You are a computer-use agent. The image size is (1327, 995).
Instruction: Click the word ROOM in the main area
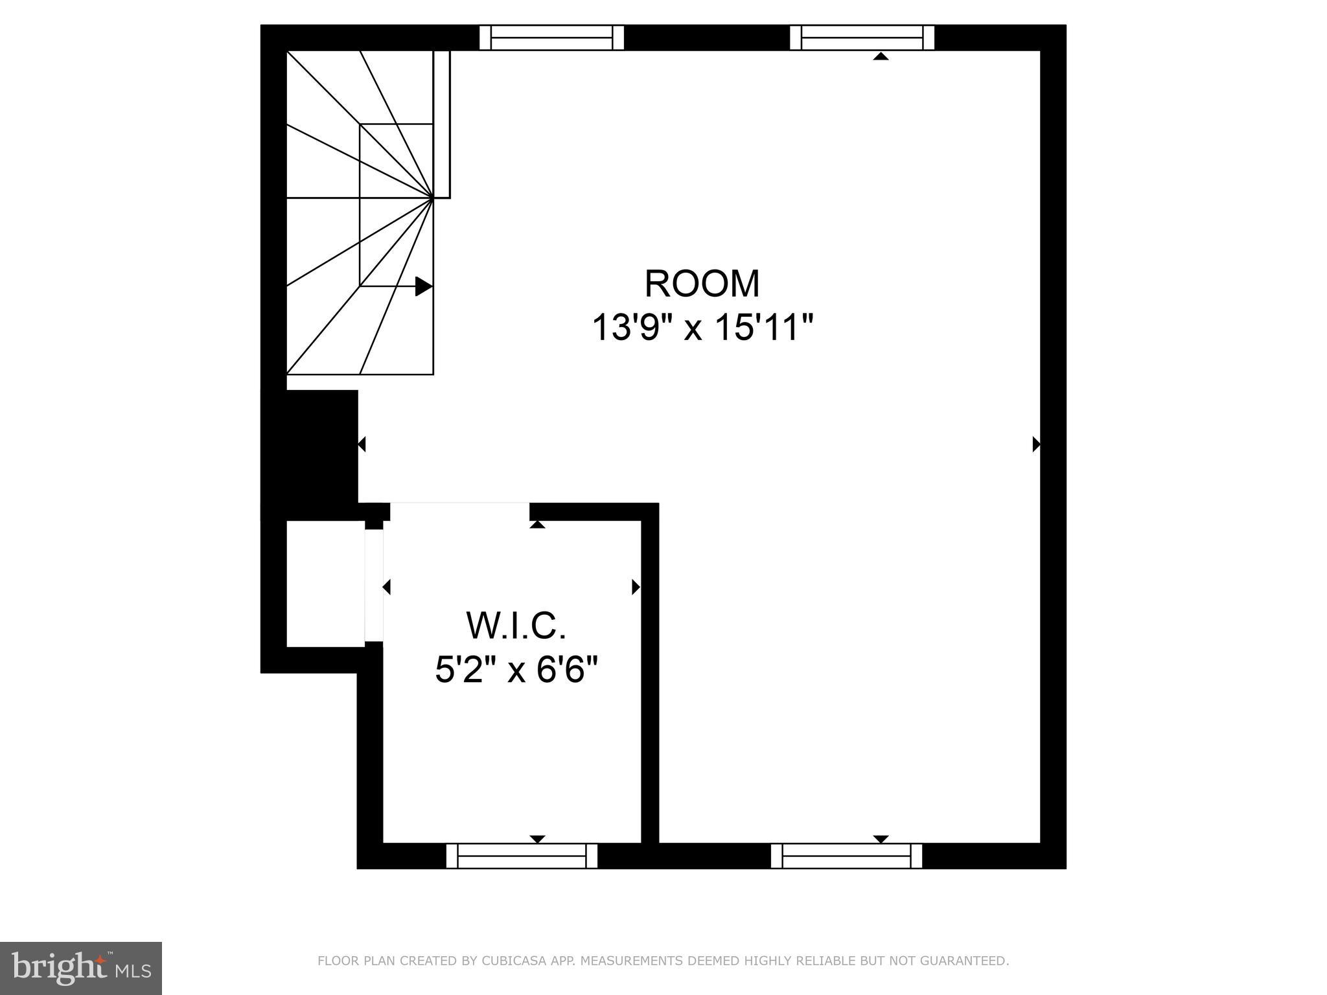pyautogui.click(x=702, y=284)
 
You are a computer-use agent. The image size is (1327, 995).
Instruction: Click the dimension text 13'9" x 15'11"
pyautogui.click(x=702, y=328)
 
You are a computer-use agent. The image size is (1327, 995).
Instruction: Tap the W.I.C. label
pyautogui.click(x=516, y=626)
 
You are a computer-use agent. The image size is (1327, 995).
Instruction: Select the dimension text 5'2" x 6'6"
pyautogui.click(x=516, y=670)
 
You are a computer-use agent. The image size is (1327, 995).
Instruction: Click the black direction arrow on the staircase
pyautogui.click(x=423, y=286)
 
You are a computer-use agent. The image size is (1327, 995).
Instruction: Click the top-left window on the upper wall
pyautogui.click(x=551, y=38)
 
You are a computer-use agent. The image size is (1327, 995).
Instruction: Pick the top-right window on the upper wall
pyautogui.click(x=862, y=38)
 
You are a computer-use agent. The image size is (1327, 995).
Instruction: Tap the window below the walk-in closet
pyautogui.click(x=522, y=856)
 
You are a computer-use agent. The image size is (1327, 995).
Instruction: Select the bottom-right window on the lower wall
pyautogui.click(x=846, y=856)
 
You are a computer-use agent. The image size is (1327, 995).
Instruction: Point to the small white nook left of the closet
pyautogui.click(x=325, y=584)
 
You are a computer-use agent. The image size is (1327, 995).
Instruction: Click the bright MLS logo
pyautogui.click(x=80, y=968)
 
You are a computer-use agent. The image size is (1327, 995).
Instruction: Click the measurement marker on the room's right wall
pyautogui.click(x=1035, y=444)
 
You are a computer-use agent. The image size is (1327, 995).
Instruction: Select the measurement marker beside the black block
pyautogui.click(x=362, y=444)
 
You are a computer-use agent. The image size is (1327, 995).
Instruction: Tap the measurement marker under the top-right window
pyautogui.click(x=880, y=56)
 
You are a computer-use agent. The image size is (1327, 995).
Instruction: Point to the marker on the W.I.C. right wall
pyautogui.click(x=636, y=588)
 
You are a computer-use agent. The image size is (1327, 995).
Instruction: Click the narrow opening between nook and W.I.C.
pyautogui.click(x=374, y=586)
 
